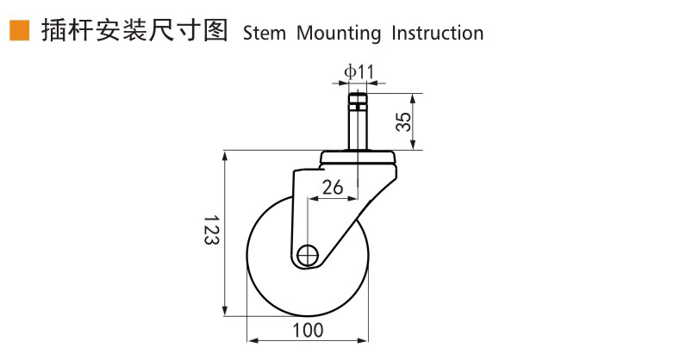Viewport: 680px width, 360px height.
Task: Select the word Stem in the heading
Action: (x=265, y=34)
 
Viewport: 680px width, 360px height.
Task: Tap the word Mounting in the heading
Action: (x=339, y=34)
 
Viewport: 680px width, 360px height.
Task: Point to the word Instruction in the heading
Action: (x=437, y=34)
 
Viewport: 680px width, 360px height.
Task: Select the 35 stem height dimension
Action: (x=402, y=121)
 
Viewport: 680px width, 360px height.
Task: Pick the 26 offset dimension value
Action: (x=332, y=187)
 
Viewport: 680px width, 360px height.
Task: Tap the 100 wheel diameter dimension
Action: (x=308, y=330)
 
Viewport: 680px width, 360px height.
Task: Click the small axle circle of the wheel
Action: (x=308, y=255)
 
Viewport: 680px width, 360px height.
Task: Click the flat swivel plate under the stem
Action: (x=359, y=158)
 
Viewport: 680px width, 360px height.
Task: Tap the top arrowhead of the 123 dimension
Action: (x=226, y=156)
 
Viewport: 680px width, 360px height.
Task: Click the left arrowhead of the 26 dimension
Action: (x=311, y=199)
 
